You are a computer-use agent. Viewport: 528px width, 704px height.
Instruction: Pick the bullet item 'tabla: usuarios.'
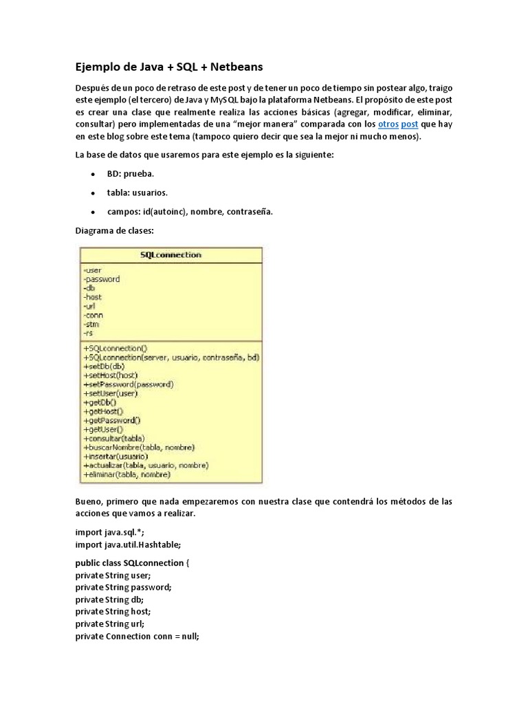coord(137,192)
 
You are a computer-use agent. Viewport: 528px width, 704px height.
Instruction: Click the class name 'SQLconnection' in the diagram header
coord(170,254)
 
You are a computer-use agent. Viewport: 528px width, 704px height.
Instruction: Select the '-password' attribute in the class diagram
coord(101,279)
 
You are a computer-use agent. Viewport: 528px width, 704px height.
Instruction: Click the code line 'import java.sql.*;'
coord(110,532)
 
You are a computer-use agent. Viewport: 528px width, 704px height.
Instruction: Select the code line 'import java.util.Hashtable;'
coord(128,544)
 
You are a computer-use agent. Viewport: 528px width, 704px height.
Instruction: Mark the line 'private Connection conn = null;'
coord(137,637)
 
